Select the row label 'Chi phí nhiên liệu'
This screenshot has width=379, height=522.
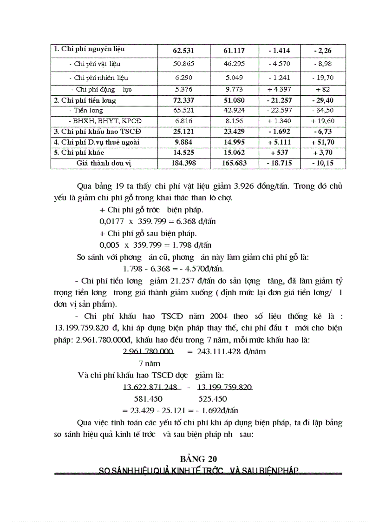point(101,78)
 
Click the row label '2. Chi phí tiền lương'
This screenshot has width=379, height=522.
point(85,100)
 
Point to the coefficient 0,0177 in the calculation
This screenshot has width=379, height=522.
point(111,222)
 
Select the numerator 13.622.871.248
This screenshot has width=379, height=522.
point(150,387)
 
